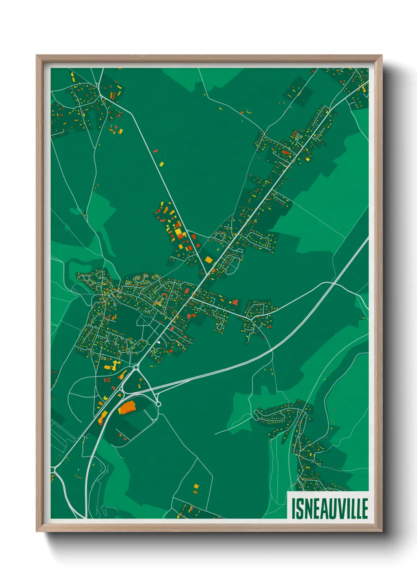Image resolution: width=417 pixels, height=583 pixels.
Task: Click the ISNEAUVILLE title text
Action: [x=330, y=508]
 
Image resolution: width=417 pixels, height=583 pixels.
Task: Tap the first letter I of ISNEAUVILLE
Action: [x=294, y=508]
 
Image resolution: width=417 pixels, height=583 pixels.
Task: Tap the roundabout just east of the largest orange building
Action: [x=158, y=404]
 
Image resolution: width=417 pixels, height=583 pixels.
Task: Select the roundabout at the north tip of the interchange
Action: [x=136, y=367]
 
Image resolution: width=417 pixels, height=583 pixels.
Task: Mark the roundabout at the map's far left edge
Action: [x=53, y=470]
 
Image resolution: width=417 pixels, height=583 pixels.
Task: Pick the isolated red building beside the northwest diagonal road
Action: [x=155, y=150]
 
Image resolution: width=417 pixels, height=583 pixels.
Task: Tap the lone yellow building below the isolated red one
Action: [x=161, y=163]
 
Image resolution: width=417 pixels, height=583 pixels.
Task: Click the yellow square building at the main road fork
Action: [x=208, y=259]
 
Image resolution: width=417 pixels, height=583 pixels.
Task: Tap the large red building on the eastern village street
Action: [x=235, y=302]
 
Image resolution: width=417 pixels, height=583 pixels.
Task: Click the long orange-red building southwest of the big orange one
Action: [x=102, y=417]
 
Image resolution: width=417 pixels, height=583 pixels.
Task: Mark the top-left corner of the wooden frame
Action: [x=37, y=56]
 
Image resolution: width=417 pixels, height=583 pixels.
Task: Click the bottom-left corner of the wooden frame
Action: [x=37, y=531]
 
